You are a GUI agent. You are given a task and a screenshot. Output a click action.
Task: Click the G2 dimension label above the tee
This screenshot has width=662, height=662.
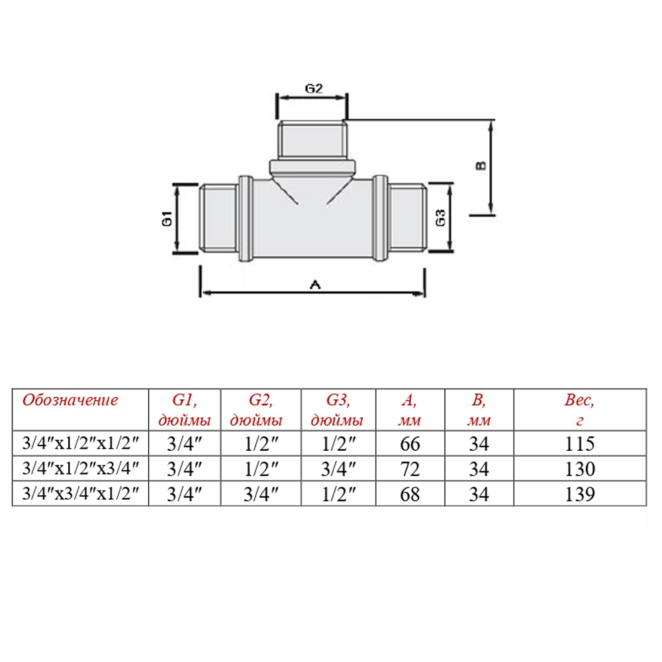pos(314,89)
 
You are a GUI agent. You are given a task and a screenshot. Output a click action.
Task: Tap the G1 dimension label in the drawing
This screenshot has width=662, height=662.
pos(167,218)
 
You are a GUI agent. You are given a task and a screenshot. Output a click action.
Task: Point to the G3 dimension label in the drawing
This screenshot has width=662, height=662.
pos(440,218)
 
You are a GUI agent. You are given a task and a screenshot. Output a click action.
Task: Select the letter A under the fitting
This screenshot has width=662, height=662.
pos(315,285)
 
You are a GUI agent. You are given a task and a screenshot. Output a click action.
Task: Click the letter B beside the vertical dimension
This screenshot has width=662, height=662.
pos(481,165)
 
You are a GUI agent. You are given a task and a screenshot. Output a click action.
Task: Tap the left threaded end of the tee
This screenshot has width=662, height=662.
pos(218,218)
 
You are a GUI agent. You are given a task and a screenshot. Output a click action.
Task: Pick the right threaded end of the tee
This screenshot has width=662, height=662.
pos(407,218)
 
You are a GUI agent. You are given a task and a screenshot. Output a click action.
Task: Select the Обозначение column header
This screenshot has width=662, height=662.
pos(70,401)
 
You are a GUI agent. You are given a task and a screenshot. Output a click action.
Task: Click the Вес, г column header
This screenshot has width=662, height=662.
pos(580,410)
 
